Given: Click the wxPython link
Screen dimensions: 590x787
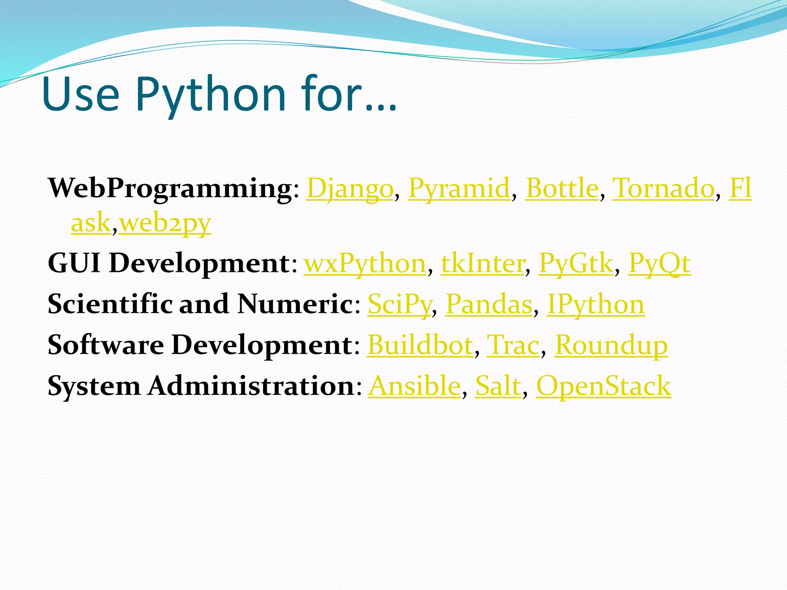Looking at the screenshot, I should point(365,264).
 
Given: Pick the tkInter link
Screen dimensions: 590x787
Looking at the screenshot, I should point(483,264).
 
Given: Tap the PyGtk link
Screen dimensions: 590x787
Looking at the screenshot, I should point(576,264).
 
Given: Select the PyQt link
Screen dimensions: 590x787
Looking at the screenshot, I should point(659,264).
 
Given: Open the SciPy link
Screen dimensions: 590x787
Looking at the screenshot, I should point(400,305).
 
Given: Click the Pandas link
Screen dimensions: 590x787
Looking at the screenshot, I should point(489,305).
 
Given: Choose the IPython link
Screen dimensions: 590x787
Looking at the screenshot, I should point(596,305).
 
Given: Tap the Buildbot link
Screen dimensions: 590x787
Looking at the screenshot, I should point(420,345).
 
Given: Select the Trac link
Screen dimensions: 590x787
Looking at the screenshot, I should point(513,345).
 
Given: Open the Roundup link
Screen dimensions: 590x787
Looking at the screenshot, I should point(611,345).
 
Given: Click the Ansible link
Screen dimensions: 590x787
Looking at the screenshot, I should point(415,386).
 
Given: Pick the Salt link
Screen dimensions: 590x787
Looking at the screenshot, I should point(498,386).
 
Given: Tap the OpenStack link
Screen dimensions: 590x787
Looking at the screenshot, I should point(603,386).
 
